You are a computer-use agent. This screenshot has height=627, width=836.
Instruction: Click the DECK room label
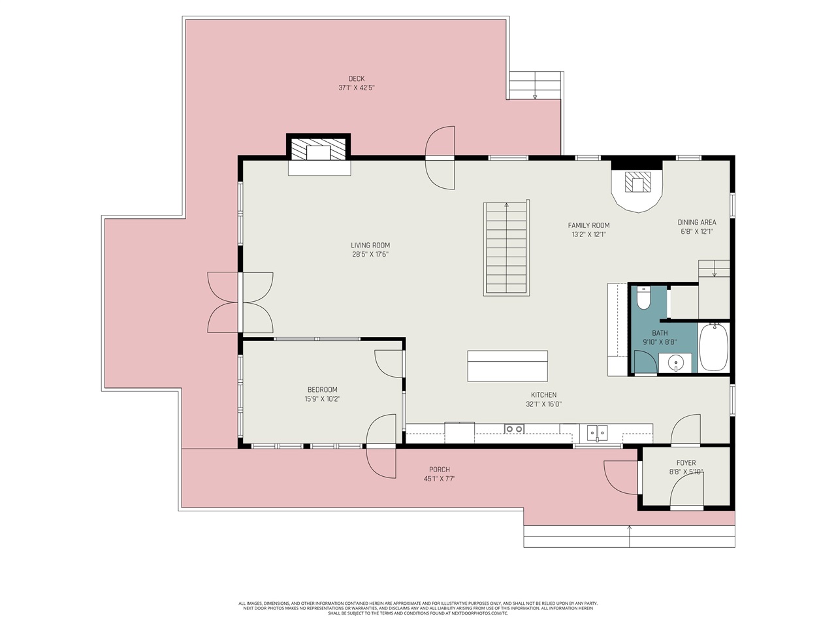click(356, 79)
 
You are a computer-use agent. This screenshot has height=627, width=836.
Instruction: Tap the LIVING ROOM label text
click(370, 246)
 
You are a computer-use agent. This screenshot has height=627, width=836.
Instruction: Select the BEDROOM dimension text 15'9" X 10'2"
click(323, 399)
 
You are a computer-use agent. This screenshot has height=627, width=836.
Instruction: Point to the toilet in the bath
click(643, 299)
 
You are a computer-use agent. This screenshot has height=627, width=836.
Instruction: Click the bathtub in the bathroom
click(713, 347)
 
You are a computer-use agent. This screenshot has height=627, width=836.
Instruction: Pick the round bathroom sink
click(676, 362)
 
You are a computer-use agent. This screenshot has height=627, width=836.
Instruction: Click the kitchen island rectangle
click(507, 366)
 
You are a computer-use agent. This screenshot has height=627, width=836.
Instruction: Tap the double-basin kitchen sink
click(597, 432)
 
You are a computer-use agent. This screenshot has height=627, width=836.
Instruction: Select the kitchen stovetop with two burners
click(514, 429)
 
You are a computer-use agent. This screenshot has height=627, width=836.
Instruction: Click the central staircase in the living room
click(506, 249)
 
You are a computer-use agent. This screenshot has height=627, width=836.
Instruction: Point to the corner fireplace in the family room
click(637, 186)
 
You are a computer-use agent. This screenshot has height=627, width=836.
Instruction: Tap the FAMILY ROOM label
click(588, 225)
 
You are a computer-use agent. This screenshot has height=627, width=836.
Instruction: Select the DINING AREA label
click(697, 222)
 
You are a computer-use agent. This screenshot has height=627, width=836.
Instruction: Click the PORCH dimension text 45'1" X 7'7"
click(440, 479)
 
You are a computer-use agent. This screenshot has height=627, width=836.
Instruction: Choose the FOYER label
click(686, 463)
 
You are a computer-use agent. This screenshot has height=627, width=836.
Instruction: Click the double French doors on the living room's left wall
click(240, 302)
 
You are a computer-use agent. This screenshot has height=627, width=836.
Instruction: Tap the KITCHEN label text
click(543, 395)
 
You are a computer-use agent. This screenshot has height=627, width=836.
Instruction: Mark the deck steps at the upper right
click(535, 86)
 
